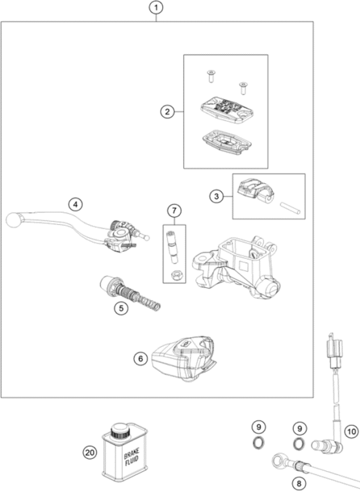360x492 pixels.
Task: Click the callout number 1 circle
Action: point(156,8)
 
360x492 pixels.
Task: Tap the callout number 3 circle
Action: point(217,196)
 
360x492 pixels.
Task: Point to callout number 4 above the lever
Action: point(74,204)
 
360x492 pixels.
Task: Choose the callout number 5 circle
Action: point(122,308)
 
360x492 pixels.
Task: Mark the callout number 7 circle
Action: point(173,211)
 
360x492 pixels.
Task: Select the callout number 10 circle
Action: point(350,430)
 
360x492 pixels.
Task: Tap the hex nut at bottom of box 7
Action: point(176,275)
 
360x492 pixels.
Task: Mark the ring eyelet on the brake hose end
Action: point(278,462)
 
